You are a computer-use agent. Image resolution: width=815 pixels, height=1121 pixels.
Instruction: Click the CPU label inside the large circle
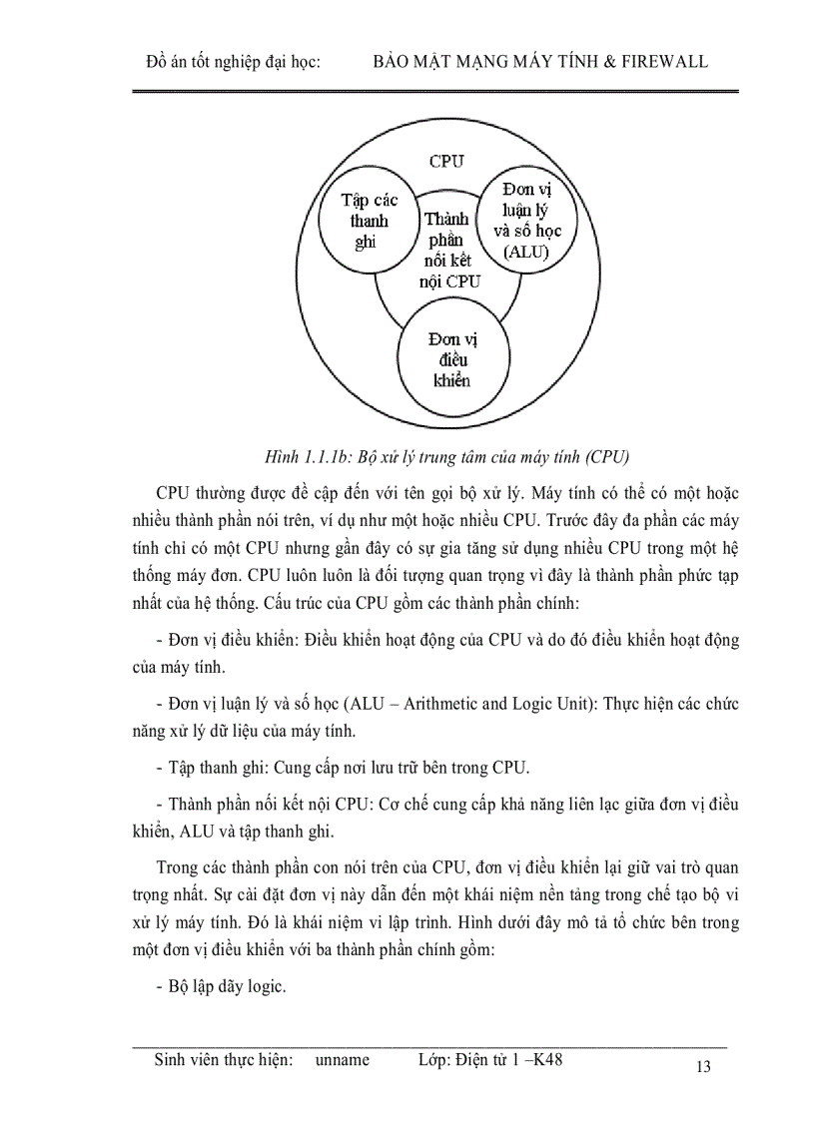point(445,161)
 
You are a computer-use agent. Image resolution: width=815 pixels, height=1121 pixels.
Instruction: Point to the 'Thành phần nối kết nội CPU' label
point(447,250)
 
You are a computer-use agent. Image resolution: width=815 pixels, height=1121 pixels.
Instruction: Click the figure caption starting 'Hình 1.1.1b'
point(446,458)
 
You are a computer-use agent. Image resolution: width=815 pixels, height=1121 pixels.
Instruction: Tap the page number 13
point(702,1068)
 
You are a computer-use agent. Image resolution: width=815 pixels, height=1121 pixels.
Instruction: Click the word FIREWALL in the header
point(662,62)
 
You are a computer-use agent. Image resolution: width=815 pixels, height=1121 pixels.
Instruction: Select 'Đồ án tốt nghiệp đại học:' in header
point(233,62)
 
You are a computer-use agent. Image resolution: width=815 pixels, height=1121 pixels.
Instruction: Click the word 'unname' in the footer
point(342,1060)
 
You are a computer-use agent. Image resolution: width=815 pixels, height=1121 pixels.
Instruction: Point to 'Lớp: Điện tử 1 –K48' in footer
point(490,1060)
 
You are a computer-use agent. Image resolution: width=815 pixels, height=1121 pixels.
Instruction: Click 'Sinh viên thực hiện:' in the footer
point(224,1060)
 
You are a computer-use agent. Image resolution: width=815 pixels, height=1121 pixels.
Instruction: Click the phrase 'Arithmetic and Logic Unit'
point(568,704)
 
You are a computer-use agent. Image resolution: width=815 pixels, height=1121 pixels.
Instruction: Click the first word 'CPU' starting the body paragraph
point(174,494)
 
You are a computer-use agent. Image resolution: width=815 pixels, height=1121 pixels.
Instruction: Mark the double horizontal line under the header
point(435,92)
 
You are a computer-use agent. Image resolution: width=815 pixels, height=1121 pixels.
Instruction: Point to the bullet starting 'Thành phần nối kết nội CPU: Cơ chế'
point(447,805)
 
